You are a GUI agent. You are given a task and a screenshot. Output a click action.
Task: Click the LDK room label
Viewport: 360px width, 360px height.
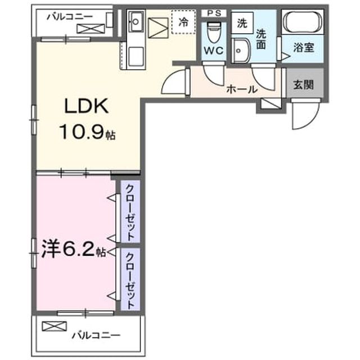[x=86, y=106]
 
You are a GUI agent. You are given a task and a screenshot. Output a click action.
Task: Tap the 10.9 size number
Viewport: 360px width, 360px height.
[x=82, y=132]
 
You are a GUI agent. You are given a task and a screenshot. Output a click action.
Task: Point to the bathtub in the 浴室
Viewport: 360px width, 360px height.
[x=303, y=22]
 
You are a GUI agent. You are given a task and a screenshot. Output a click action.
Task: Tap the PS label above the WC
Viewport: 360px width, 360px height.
[x=214, y=13]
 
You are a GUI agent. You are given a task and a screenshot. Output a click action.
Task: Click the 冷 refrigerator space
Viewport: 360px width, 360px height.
[x=184, y=22]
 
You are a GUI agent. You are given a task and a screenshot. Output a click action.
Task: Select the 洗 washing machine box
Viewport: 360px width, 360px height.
[x=242, y=23]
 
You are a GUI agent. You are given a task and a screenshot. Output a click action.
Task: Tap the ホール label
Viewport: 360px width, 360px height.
[x=242, y=89]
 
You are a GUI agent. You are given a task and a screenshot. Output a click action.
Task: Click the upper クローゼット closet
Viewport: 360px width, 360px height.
[x=130, y=211]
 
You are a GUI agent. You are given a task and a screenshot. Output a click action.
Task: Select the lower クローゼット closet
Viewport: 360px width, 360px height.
[x=130, y=279]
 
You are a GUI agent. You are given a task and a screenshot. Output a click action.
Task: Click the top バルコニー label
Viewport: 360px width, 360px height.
[x=70, y=17]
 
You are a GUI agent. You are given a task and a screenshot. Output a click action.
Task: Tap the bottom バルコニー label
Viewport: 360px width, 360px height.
[x=96, y=336]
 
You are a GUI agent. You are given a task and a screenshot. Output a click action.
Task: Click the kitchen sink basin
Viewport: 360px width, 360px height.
[x=136, y=22]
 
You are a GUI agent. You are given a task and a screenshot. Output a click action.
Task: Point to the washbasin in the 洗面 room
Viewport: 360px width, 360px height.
[x=241, y=51]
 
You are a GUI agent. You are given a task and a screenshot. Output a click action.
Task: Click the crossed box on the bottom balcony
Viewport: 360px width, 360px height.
[x=54, y=326]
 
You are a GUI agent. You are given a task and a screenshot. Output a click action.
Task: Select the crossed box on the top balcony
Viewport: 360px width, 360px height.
[x=91, y=29]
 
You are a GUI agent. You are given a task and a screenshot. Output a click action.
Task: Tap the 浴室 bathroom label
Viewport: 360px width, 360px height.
[x=304, y=47]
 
